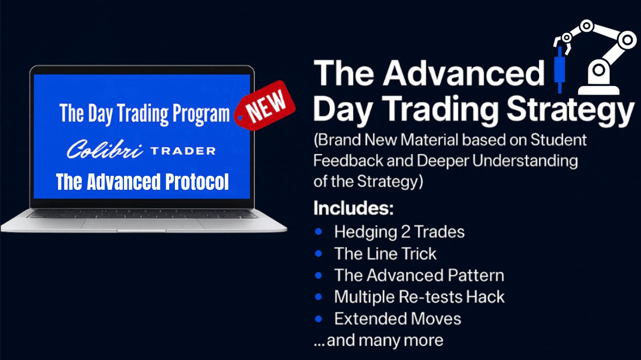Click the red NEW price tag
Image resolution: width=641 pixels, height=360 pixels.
point(265,106)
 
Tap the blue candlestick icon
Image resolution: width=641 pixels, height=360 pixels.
point(560,70)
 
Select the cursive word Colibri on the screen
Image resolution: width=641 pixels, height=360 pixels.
point(105,149)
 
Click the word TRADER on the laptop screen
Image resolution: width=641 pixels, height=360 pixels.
point(183,151)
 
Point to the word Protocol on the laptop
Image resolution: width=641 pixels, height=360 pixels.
point(197,182)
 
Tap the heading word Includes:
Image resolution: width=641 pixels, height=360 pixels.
point(353,208)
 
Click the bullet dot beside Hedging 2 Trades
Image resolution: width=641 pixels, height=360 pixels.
point(318,231)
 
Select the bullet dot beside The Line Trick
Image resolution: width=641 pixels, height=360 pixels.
point(318,253)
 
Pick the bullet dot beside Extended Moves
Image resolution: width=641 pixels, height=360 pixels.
point(318,318)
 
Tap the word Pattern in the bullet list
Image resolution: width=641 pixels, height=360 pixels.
point(476,275)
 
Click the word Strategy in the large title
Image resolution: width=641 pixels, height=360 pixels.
point(571,111)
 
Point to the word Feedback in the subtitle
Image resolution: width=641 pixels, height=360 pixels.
point(348,160)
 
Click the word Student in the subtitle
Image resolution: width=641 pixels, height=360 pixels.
point(558,140)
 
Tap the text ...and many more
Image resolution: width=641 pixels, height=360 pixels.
point(378,340)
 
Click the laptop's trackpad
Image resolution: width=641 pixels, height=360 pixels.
point(141,224)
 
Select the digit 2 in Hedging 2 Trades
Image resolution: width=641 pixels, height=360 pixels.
point(405,232)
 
